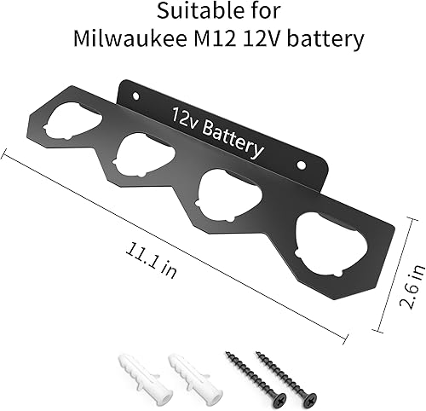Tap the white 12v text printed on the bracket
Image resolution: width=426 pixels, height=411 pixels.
(187, 117)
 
